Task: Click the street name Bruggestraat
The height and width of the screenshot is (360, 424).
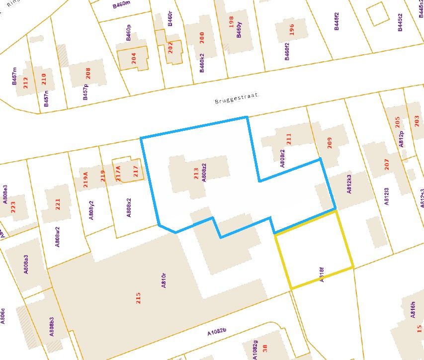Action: click(x=238, y=99)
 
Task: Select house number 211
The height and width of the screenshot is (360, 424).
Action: click(x=289, y=139)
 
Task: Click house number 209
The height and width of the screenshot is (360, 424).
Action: click(x=329, y=143)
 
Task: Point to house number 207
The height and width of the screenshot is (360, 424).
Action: click(x=387, y=165)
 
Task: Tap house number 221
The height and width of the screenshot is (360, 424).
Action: click(x=57, y=204)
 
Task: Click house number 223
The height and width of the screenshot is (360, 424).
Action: click(x=13, y=207)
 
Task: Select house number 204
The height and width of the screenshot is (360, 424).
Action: click(x=133, y=58)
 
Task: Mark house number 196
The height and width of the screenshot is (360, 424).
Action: click(x=291, y=29)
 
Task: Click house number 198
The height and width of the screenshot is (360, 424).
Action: click(x=231, y=22)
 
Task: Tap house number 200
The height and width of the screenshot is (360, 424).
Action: click(x=201, y=37)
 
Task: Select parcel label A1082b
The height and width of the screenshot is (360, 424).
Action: click(x=217, y=331)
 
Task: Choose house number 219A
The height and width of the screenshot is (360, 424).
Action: click(x=85, y=178)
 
